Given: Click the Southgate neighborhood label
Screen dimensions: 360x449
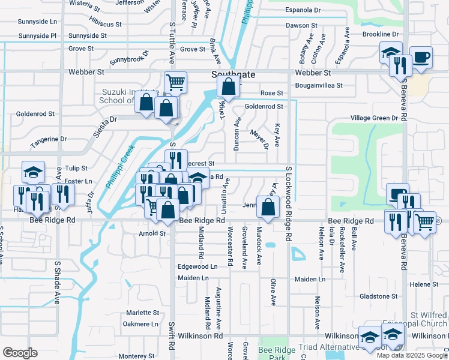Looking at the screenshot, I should coord(234,74).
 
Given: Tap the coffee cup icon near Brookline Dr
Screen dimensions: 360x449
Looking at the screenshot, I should coord(421,58).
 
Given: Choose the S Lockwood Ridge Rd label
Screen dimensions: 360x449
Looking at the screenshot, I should coord(289,204).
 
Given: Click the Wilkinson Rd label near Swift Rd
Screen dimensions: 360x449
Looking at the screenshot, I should coord(194,336).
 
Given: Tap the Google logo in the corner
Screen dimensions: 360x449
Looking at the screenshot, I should coord(20,353).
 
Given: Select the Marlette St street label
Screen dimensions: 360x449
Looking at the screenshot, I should coord(142,313).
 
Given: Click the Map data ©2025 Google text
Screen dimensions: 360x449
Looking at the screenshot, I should coord(412,355).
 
